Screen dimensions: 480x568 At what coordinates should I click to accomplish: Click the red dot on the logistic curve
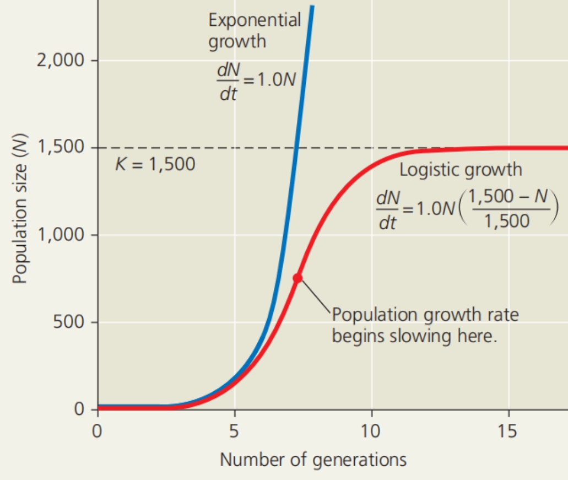tap(297, 278)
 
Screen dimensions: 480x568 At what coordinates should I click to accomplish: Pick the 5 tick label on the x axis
tap(235, 430)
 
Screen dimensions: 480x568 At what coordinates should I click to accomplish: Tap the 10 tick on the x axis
tap(371, 430)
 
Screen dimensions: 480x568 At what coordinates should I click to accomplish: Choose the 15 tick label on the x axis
tap(508, 430)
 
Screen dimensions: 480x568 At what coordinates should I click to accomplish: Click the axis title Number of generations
tap(313, 460)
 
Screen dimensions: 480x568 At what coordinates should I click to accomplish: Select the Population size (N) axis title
tap(20, 212)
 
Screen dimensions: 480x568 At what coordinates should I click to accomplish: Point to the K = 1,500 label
tap(155, 164)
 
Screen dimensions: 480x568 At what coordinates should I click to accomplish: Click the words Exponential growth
tap(254, 31)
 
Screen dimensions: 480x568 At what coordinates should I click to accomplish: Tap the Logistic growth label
tap(461, 170)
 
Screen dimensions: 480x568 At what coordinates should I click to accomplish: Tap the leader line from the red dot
tap(315, 296)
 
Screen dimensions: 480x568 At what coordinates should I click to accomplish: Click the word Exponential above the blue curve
tap(254, 20)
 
